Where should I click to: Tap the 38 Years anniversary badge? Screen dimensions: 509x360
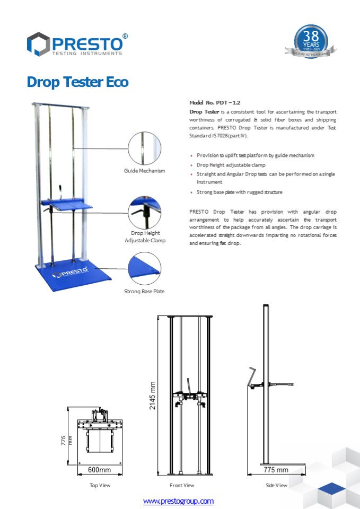click(x=311, y=41)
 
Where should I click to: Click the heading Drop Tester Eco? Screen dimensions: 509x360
click(x=77, y=83)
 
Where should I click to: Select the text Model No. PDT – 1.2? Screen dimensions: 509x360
click(x=211, y=102)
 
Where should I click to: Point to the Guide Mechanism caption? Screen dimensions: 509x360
click(x=145, y=171)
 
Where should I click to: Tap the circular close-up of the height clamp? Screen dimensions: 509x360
click(x=145, y=212)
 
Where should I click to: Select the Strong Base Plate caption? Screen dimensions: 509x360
click(x=144, y=292)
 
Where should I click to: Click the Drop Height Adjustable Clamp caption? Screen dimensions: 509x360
click(x=145, y=236)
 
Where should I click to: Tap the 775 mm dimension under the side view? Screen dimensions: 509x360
click(x=276, y=469)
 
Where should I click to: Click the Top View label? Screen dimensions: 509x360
click(x=100, y=485)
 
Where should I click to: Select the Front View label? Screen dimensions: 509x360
click(x=182, y=485)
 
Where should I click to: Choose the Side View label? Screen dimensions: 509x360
click(x=276, y=485)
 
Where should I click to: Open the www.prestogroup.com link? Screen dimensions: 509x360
click(x=178, y=501)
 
